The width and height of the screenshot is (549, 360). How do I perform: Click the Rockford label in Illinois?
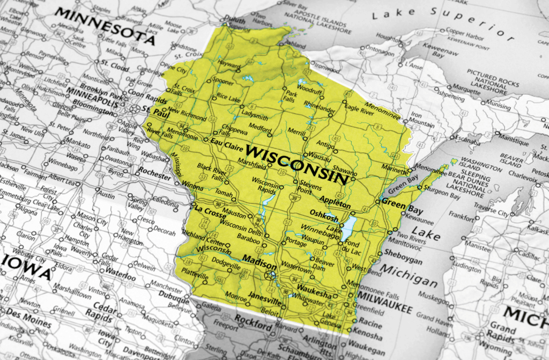pos(254,325)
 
